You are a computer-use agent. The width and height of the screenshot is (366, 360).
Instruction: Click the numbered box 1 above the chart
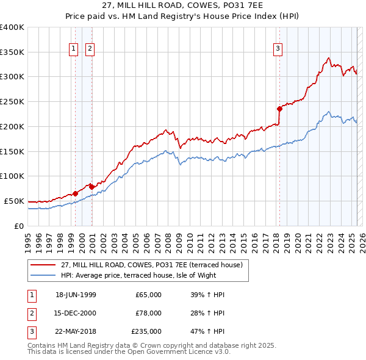click(x=73, y=49)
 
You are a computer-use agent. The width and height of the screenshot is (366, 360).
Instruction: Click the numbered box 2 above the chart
click(x=90, y=49)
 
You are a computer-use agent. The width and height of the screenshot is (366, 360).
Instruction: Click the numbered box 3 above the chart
click(x=278, y=49)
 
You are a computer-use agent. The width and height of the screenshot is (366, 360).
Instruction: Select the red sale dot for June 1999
click(x=76, y=193)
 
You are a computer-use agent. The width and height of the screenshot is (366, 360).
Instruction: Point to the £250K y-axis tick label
click(x=12, y=101)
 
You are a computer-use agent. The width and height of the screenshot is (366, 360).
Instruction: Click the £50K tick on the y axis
click(x=15, y=201)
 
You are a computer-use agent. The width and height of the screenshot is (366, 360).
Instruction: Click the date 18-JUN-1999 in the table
click(x=76, y=295)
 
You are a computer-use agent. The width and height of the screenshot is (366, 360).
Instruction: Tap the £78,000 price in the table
click(x=148, y=313)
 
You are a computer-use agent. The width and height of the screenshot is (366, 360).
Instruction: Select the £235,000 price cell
click(x=147, y=332)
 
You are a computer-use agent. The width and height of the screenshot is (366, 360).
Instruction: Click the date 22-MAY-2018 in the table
click(x=76, y=332)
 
